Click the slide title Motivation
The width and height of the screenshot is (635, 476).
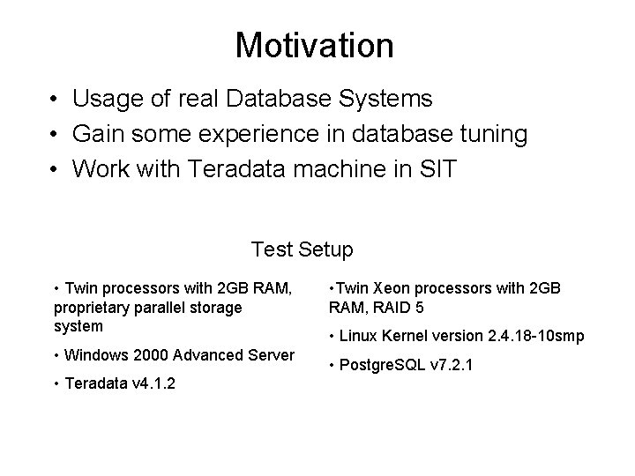tap(315, 45)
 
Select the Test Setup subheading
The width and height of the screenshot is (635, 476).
tap(303, 249)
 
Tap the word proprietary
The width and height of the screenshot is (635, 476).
tap(93, 308)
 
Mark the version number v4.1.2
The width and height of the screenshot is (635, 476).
tap(146, 384)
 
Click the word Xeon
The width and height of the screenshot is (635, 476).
tap(391, 288)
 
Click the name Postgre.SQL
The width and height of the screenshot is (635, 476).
tap(381, 364)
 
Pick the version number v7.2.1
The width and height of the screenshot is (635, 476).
tap(452, 364)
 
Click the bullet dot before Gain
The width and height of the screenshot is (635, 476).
tap(55, 135)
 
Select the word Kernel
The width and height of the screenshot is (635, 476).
tap(404, 336)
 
